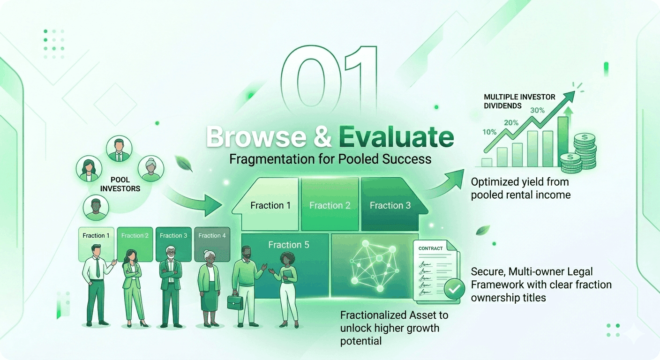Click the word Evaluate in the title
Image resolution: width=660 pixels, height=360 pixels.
click(x=396, y=137)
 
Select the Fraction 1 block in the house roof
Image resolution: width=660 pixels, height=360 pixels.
click(x=270, y=205)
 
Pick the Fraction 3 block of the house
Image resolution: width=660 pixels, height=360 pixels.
click(x=390, y=205)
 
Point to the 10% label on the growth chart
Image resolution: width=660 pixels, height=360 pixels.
click(x=489, y=132)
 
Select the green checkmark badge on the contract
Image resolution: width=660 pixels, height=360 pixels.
click(x=453, y=290)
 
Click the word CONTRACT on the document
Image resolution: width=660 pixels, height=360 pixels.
click(x=430, y=248)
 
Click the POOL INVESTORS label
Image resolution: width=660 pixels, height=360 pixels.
click(x=120, y=184)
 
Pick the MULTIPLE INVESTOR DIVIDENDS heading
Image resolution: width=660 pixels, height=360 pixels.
click(x=519, y=101)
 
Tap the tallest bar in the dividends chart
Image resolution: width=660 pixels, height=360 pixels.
click(x=562, y=141)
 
